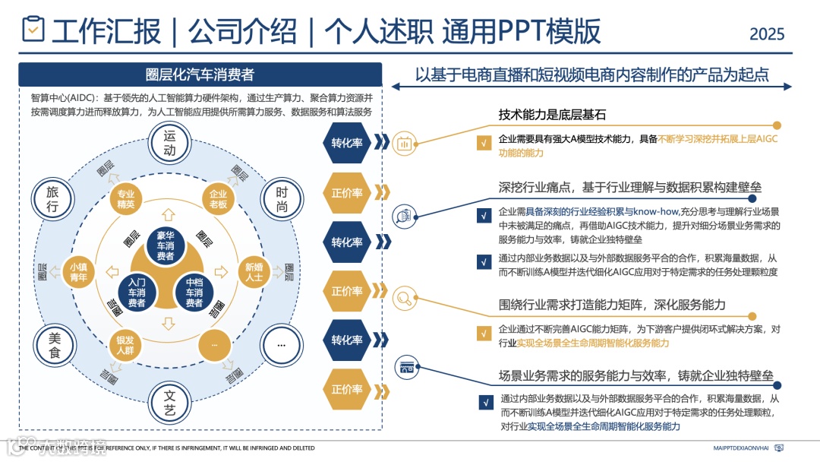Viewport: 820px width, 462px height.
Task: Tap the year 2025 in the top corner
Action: click(767, 34)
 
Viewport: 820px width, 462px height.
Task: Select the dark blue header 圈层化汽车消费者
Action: click(200, 74)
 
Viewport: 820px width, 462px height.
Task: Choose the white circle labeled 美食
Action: click(54, 346)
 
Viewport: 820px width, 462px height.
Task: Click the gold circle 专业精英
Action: click(125, 198)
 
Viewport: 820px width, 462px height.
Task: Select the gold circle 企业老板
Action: click(219, 198)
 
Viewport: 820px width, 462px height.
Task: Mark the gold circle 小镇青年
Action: click(78, 272)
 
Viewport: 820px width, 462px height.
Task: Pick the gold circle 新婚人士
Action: click(254, 272)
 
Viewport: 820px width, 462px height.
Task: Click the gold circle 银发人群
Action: click(125, 345)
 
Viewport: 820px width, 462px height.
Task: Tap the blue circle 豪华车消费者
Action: click(166, 245)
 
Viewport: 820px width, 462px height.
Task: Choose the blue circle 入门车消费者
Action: click(137, 293)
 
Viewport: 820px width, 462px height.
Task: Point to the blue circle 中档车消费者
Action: click(194, 293)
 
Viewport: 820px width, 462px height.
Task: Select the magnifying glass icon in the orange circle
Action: click(405, 298)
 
